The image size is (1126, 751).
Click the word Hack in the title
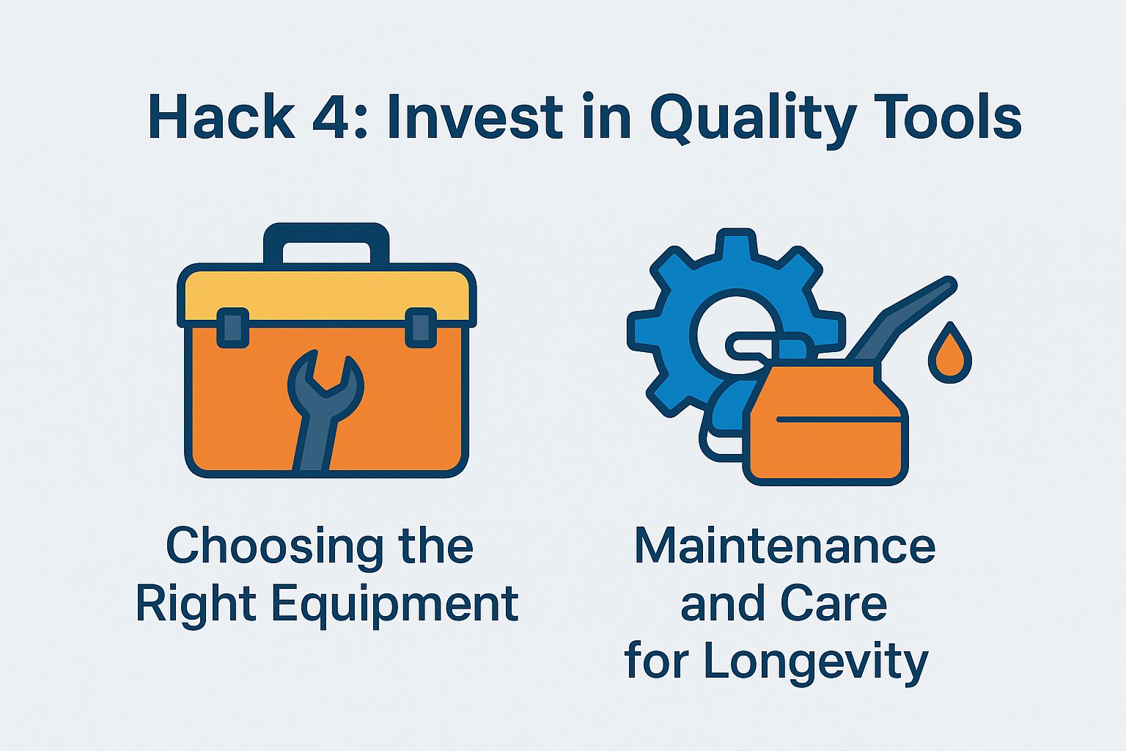[x=221, y=117]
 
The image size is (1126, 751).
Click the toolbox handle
[x=326, y=242]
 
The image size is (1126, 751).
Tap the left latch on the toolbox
[x=233, y=328]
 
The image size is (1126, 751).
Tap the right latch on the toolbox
[x=421, y=328]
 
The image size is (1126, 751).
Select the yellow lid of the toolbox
[x=326, y=293]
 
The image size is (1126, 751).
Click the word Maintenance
[x=784, y=546]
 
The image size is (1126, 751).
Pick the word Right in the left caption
[x=195, y=606]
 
